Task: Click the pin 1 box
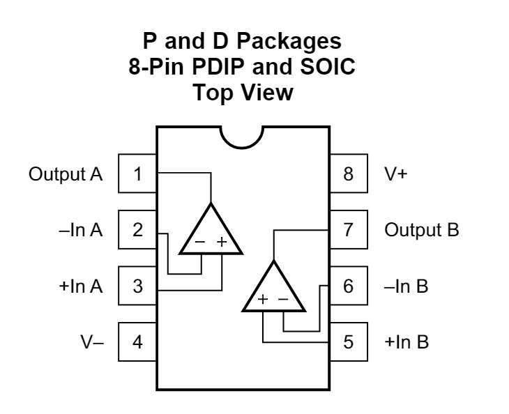[137, 174]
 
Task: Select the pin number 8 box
[349, 174]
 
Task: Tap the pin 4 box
[137, 342]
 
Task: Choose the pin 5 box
[349, 342]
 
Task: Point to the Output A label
[66, 174]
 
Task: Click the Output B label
[422, 230]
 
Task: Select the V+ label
[396, 174]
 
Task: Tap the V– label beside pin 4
[92, 342]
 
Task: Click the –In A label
[81, 230]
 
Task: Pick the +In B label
[407, 342]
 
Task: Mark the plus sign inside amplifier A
[222, 242]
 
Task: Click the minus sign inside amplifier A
[199, 242]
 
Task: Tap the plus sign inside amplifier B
[263, 299]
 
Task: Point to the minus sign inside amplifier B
[283, 299]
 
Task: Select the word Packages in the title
[289, 42]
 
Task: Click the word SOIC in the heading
[328, 67]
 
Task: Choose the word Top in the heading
[212, 93]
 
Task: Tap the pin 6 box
[349, 286]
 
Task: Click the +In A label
[81, 286]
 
